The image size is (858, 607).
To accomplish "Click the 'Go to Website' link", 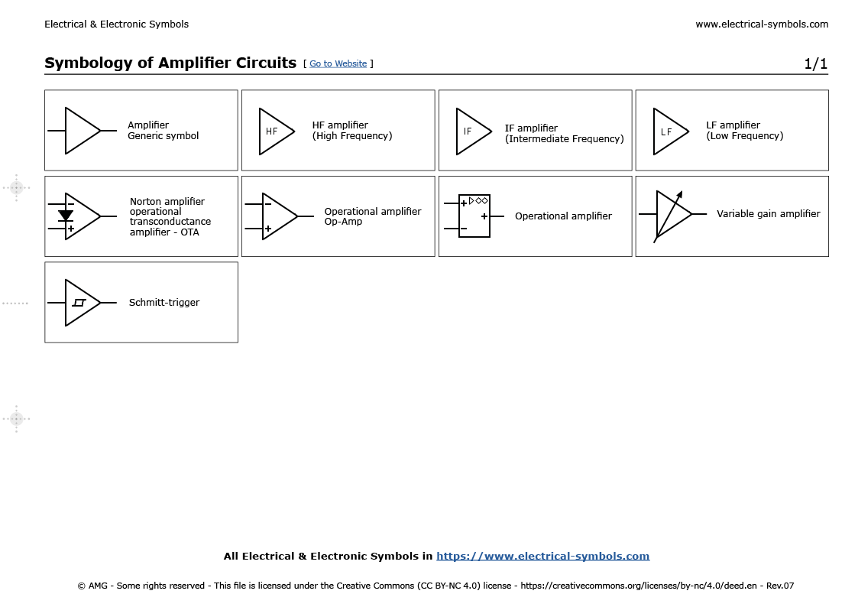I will (x=338, y=63).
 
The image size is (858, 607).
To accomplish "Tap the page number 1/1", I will (x=815, y=64).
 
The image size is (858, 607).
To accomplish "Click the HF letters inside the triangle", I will (x=271, y=131).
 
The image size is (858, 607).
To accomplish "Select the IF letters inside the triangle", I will (x=468, y=131).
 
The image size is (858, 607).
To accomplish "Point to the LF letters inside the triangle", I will (x=666, y=131).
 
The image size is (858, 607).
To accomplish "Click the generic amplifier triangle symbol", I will (x=80, y=131).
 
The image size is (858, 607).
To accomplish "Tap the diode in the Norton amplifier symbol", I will (x=66, y=216).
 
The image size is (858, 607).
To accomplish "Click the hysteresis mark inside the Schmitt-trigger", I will (x=79, y=303).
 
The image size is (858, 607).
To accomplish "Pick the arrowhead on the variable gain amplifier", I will (x=679, y=194).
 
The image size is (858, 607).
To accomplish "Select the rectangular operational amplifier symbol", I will (x=474, y=216).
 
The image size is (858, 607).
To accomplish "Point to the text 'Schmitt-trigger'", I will (x=164, y=303).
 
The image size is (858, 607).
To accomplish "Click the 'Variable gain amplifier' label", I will (x=768, y=214).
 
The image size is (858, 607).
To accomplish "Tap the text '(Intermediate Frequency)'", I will (x=564, y=139).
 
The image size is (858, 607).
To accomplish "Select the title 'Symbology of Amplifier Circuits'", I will (x=170, y=63).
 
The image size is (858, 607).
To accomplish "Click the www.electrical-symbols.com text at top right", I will (x=761, y=24).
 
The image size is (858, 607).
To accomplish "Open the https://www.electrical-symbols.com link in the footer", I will (x=542, y=557).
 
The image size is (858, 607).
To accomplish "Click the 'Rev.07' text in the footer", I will (x=780, y=586).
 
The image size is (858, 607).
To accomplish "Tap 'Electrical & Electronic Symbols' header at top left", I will (x=116, y=24).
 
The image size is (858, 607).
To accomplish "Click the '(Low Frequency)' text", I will (x=744, y=136).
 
